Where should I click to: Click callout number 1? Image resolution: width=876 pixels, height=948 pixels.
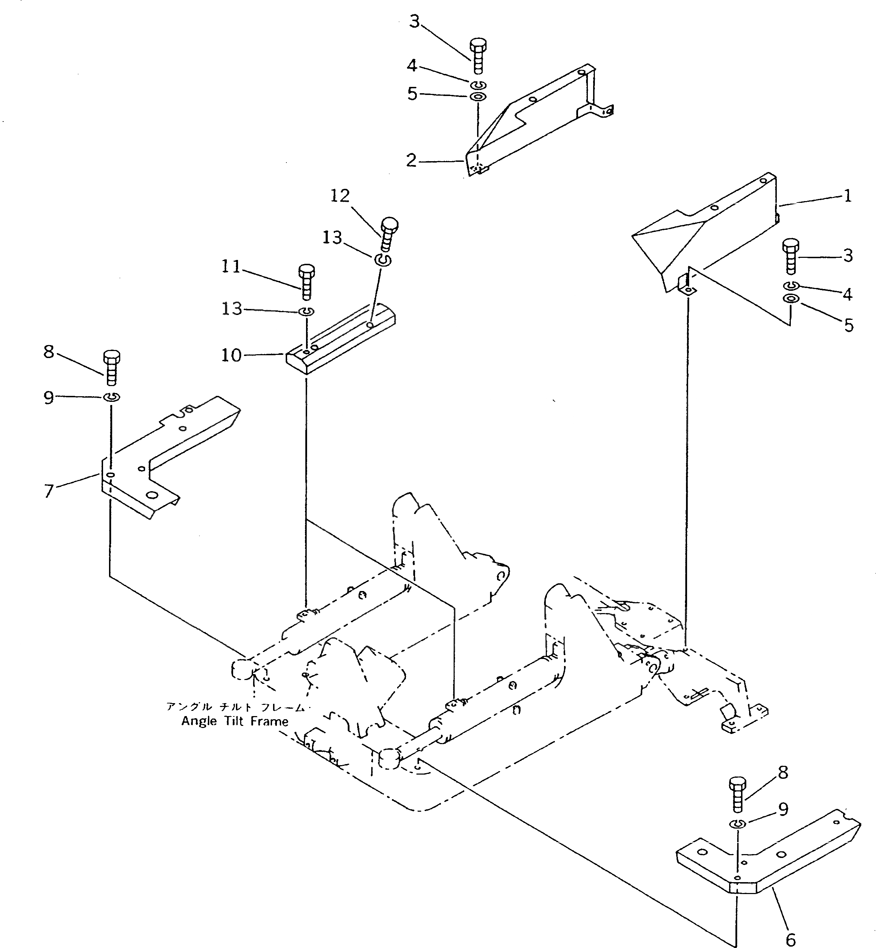[x=848, y=196]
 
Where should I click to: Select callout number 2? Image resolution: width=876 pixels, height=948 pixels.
[x=411, y=160]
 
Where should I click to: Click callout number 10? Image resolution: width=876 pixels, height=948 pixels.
[x=231, y=355]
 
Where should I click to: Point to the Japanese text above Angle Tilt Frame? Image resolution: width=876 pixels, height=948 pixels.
[x=235, y=707]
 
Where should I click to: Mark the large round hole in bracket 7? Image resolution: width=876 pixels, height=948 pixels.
[x=152, y=495]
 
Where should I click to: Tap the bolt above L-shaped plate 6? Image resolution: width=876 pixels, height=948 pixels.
[x=738, y=795]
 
